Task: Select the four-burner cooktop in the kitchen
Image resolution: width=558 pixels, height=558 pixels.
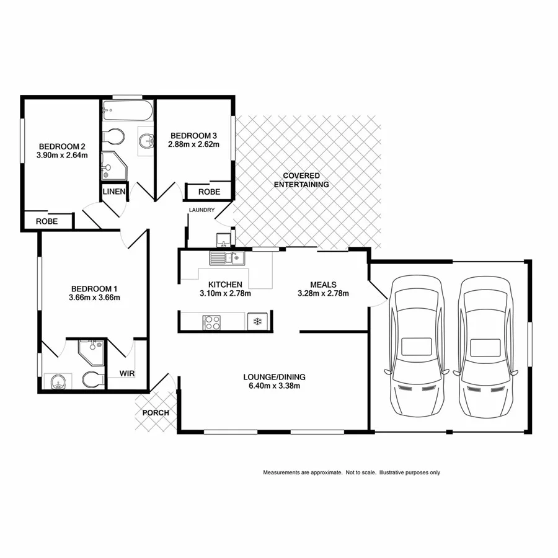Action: [212, 322]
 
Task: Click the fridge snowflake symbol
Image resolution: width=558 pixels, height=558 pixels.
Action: [255, 322]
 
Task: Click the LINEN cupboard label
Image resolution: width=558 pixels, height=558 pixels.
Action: [114, 192]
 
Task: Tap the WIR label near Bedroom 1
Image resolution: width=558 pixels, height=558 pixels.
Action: [126, 374]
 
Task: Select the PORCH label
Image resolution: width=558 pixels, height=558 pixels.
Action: [156, 413]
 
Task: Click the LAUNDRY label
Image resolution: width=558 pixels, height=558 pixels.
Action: [202, 210]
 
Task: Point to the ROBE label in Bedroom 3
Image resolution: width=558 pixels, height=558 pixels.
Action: [209, 192]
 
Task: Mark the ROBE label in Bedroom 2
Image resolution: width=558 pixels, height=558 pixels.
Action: [46, 221]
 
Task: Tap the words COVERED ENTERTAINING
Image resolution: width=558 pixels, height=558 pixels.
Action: [301, 180]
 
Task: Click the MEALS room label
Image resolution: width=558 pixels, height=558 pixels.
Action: [323, 285]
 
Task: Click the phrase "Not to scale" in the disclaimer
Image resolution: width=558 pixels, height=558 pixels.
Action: [360, 472]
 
